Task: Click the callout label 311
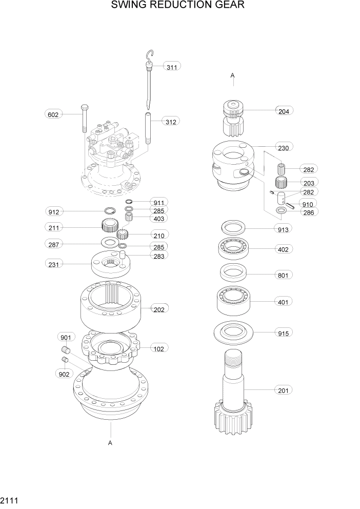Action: (x=172, y=66)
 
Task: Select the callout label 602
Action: (x=53, y=114)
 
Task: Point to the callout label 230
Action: (x=284, y=148)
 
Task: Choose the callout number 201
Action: (x=284, y=390)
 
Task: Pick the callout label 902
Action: (x=64, y=374)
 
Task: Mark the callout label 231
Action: (x=53, y=264)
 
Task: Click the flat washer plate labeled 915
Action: (x=235, y=332)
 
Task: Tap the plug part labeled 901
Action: (x=65, y=350)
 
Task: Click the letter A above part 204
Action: (x=232, y=76)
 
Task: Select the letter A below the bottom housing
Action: (x=110, y=442)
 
